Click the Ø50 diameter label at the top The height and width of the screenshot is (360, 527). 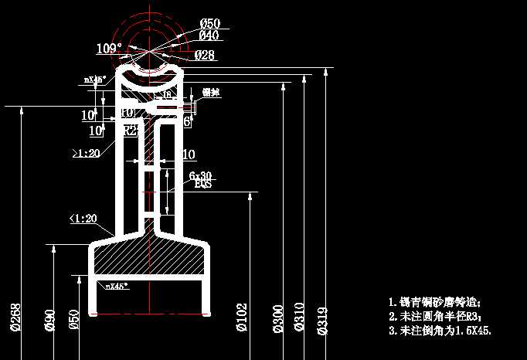209,23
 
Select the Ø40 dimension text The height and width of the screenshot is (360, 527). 209,36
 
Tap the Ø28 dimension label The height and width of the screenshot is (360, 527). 204,55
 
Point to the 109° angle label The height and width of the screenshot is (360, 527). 109,49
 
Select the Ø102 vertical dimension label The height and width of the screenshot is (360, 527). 242,318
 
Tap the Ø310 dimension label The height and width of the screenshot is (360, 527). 300,318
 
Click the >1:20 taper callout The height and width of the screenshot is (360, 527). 86,154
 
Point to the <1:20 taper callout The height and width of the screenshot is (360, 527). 83,219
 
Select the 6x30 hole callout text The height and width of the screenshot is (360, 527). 201,175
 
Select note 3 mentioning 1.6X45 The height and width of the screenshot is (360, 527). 440,330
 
